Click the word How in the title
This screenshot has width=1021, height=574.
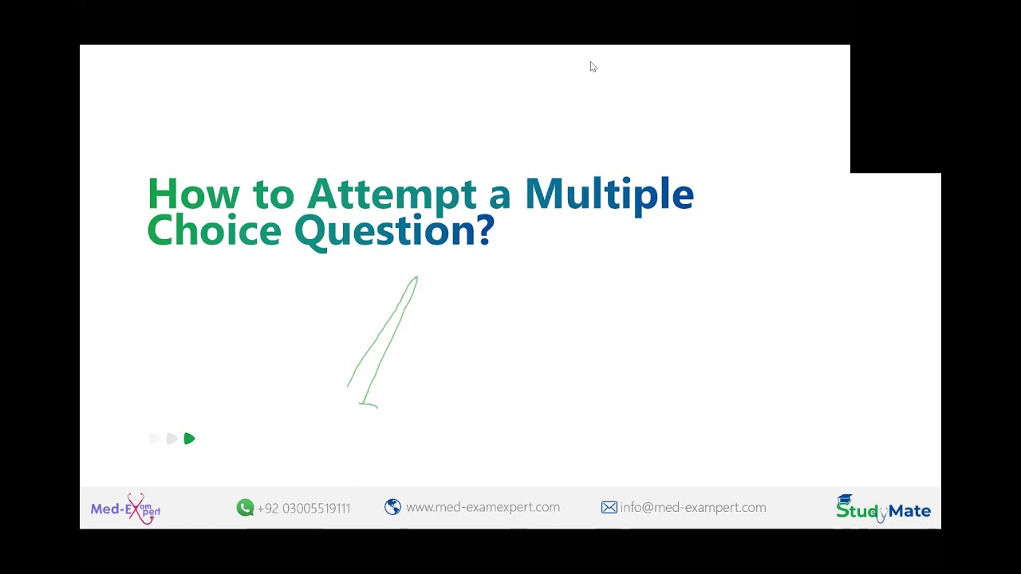coord(194,194)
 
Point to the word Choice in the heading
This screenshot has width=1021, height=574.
coord(214,230)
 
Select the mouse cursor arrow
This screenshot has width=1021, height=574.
coord(593,67)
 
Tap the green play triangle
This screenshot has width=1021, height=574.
coord(189,438)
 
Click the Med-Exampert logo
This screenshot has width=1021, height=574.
coord(125,509)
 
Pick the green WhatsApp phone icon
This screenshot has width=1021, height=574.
coord(245,508)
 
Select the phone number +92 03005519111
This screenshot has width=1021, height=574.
coord(303,509)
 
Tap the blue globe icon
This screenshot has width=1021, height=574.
coord(392,507)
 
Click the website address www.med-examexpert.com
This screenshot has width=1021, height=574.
coord(483,507)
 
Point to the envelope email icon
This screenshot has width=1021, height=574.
coord(609,507)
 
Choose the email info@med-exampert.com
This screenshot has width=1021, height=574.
coord(692,507)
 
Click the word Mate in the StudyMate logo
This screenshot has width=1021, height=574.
coord(909,511)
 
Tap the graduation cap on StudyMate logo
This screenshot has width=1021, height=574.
coord(845,500)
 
